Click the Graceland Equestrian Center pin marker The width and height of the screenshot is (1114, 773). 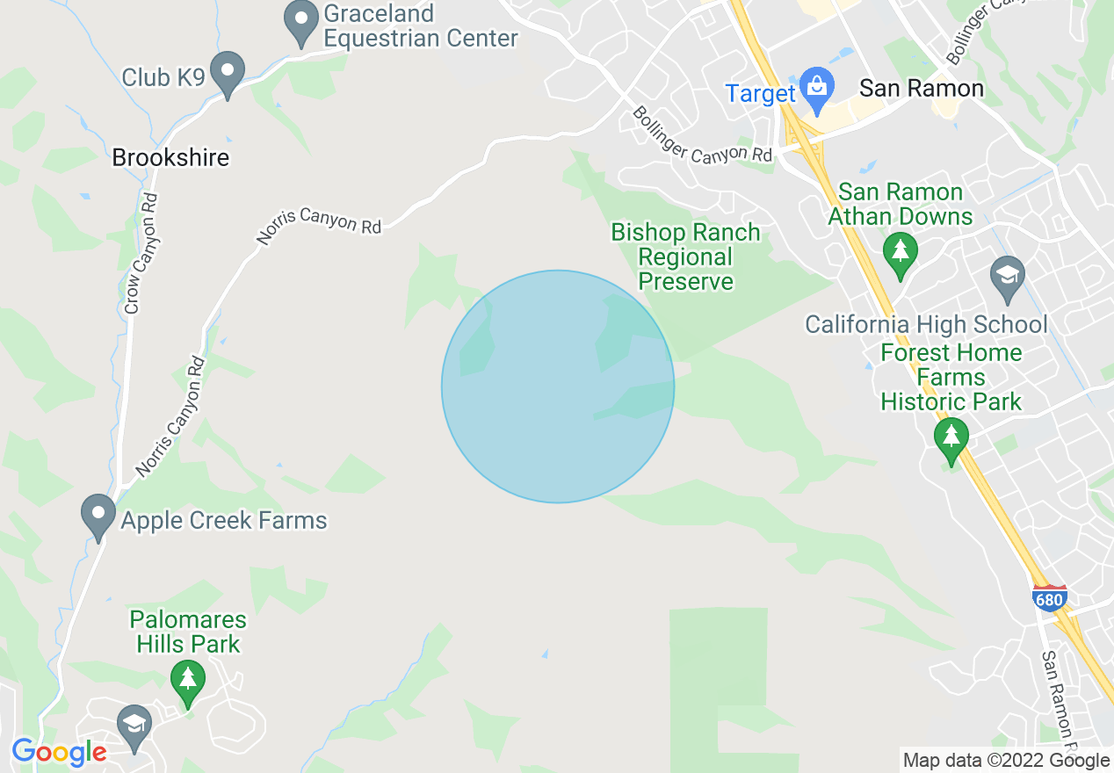[301, 22]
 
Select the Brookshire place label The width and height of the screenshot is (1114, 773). [170, 158]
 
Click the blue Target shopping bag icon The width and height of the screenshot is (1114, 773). [817, 90]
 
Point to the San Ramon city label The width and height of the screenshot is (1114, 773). [922, 88]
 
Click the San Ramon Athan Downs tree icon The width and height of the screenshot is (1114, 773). [900, 252]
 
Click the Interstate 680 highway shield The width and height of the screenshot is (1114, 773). [1050, 598]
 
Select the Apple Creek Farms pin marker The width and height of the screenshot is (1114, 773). [98, 515]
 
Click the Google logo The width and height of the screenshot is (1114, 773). [59, 752]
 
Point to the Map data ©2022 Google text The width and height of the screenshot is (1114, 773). [1006, 761]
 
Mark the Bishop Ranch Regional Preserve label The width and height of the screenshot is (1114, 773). [685, 256]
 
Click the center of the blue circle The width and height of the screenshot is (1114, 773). [558, 386]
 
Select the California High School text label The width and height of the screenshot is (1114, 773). [926, 325]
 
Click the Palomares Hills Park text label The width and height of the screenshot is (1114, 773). [188, 632]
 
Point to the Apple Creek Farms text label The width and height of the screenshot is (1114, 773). [223, 520]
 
